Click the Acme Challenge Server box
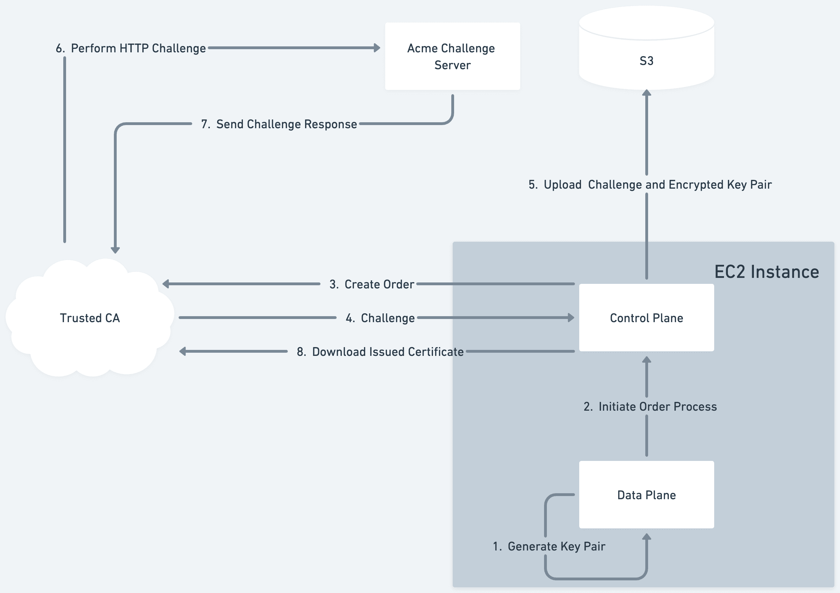pyautogui.click(x=452, y=56)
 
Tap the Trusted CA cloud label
pyautogui.click(x=90, y=318)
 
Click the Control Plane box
pyautogui.click(x=646, y=318)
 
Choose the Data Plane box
pyautogui.click(x=646, y=495)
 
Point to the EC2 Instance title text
pyautogui.click(x=767, y=272)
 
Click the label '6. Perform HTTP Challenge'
pyautogui.click(x=131, y=48)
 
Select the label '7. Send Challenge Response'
pyautogui.click(x=279, y=124)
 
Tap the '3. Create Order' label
pyautogui.click(x=371, y=285)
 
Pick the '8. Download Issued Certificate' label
pyautogui.click(x=380, y=352)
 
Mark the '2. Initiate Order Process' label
pyautogui.click(x=650, y=406)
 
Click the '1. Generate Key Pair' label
pyautogui.click(x=549, y=546)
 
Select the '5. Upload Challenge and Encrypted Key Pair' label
pyautogui.click(x=650, y=185)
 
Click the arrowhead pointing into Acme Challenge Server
pyautogui.click(x=377, y=48)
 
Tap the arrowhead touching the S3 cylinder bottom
pyautogui.click(x=646, y=93)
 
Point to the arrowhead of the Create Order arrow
pyautogui.click(x=166, y=284)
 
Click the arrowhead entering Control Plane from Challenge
pyautogui.click(x=571, y=318)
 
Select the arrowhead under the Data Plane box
pyautogui.click(x=646, y=537)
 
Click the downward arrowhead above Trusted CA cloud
pyautogui.click(x=115, y=250)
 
